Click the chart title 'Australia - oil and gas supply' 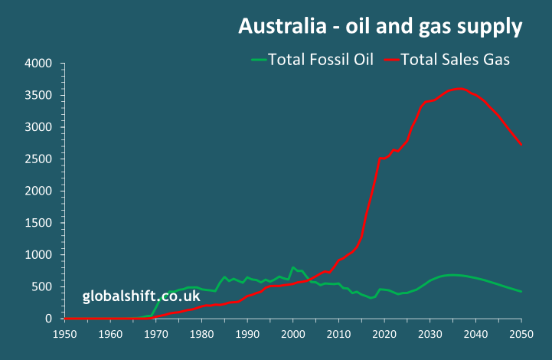[380, 27]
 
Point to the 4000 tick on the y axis [38, 63]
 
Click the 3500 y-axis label [38, 95]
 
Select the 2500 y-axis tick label [38, 159]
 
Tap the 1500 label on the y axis [38, 222]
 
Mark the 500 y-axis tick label [42, 286]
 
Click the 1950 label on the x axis [65, 334]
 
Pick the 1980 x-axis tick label [202, 334]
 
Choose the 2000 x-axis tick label [293, 334]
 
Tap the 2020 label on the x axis [384, 334]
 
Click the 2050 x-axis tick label [521, 334]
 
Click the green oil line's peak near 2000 [293, 267]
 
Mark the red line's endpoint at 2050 [521, 144]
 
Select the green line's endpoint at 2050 [521, 291]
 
